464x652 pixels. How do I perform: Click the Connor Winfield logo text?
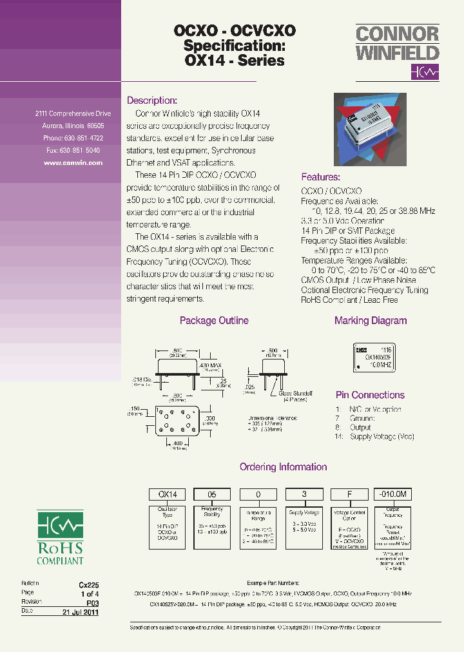click(x=397, y=43)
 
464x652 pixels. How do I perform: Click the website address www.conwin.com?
click(x=73, y=163)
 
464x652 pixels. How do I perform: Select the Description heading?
click(x=151, y=101)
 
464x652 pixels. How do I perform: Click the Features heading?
click(x=320, y=177)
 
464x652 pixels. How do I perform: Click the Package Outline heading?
click(x=214, y=321)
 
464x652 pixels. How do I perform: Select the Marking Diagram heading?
click(x=371, y=321)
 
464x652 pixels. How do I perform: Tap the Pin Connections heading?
click(x=370, y=395)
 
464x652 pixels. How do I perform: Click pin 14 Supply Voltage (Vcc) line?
click(x=374, y=437)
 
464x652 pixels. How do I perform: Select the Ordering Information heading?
click(x=283, y=467)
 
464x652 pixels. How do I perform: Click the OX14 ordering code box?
click(x=168, y=494)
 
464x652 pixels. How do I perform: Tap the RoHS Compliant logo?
click(x=60, y=538)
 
